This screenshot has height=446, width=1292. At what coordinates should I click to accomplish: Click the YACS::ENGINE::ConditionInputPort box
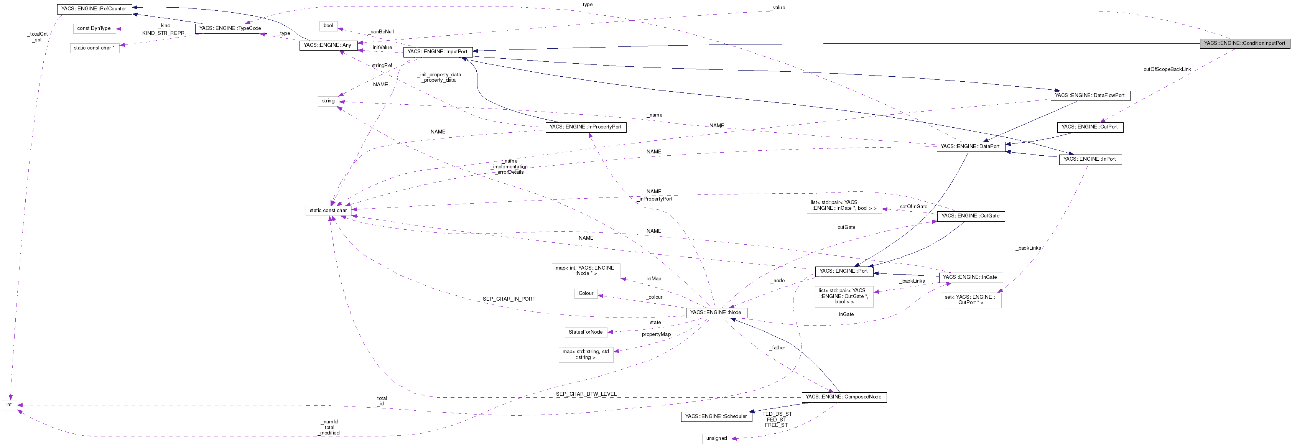1244,44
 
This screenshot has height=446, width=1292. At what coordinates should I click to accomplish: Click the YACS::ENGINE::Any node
328,46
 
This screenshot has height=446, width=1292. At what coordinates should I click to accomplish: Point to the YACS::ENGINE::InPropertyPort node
585,127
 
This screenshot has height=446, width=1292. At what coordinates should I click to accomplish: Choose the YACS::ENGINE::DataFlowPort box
1090,95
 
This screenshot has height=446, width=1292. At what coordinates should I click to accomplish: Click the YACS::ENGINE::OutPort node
1090,127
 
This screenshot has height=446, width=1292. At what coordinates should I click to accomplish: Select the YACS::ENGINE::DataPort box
970,146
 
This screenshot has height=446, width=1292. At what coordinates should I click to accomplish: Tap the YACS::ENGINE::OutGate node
970,216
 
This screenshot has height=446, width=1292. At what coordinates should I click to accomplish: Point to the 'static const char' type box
328,211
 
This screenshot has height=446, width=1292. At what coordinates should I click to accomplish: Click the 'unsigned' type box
716,438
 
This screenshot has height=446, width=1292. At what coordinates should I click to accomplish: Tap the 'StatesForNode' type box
585,332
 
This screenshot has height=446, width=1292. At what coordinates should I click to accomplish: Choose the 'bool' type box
328,26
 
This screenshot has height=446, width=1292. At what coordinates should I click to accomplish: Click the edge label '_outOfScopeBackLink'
1165,70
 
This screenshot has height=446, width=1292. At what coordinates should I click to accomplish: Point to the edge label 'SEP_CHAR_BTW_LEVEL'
586,394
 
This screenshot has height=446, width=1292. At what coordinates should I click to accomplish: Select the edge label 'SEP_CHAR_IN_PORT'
509,299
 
